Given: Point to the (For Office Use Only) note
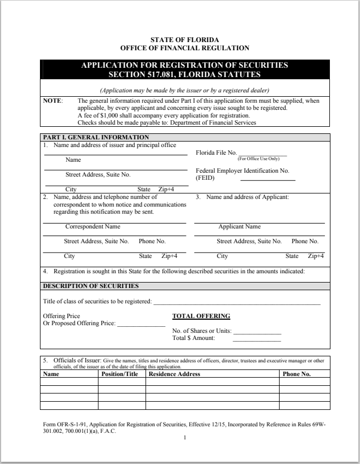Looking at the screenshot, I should point(258,159).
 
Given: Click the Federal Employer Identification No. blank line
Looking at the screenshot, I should point(268,179).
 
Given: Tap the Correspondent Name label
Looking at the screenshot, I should point(92,226).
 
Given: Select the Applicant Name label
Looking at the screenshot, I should point(240,226).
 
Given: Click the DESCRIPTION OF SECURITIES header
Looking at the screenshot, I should point(91,285).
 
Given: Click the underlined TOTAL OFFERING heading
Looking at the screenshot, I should point(201,316).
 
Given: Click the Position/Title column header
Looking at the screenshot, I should point(120,374).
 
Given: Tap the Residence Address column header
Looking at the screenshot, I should point(175,374).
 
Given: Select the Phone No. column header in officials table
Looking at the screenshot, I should point(296,374).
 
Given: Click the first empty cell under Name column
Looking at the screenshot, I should point(69,382).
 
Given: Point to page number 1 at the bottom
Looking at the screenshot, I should point(185,438).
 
